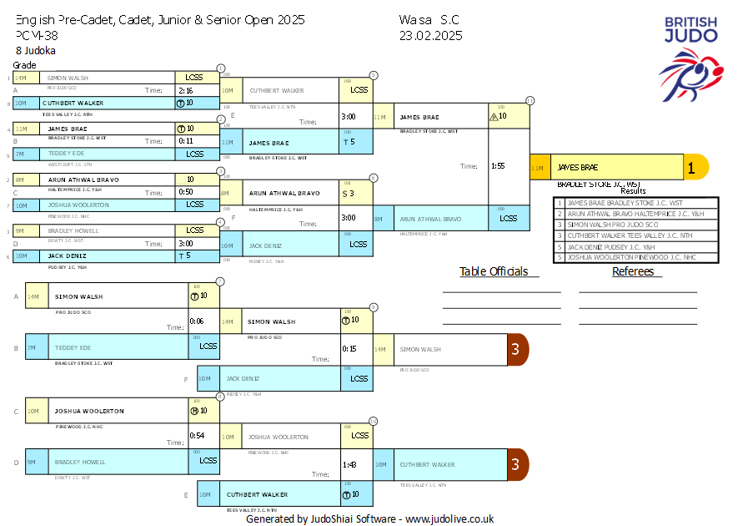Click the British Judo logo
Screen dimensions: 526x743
tap(690, 58)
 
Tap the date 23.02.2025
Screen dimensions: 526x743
tap(430, 35)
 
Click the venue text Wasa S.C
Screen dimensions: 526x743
tap(429, 19)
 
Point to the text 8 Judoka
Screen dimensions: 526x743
tap(36, 51)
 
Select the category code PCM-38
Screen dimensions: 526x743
tap(37, 35)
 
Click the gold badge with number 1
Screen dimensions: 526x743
tap(691, 167)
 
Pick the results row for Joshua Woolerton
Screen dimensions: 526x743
tap(635, 257)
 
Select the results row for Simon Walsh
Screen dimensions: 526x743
tap(635, 225)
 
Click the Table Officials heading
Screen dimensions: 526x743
tap(494, 271)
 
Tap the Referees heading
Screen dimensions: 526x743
tap(637, 271)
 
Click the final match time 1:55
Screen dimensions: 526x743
tap(499, 166)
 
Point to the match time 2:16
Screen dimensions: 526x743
tap(185, 90)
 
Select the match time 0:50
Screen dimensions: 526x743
tap(185, 192)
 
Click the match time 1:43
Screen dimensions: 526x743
tap(349, 465)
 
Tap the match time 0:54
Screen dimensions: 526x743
tap(197, 436)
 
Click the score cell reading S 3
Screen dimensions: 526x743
tap(348, 193)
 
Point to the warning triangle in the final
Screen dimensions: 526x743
tap(493, 117)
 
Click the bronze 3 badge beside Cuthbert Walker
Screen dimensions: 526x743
tap(515, 464)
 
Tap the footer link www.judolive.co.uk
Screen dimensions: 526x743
tap(449, 518)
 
